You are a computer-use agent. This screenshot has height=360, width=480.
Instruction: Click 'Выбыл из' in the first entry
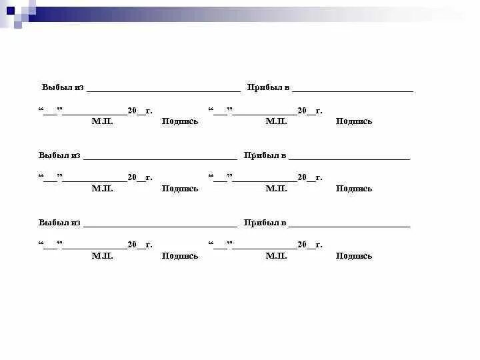[x=63, y=87]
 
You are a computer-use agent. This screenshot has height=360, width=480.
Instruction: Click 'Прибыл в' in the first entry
[x=268, y=87]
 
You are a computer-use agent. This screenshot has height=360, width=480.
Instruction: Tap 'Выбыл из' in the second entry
[x=59, y=155]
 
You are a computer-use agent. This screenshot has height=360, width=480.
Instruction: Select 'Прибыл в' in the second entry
[x=265, y=155]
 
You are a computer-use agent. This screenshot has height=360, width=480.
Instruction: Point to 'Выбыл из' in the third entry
[x=59, y=223]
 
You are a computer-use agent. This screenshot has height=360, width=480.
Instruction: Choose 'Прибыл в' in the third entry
[x=265, y=223]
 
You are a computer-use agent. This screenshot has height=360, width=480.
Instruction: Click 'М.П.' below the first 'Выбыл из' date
[x=103, y=121]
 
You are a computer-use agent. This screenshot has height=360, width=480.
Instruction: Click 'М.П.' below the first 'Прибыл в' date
[x=276, y=121]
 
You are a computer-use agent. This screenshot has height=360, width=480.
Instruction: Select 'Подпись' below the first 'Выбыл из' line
[x=180, y=121]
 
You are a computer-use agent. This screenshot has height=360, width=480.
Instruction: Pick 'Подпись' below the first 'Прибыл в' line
[x=354, y=121]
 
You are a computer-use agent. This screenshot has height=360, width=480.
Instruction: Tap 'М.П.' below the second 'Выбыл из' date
[x=103, y=189]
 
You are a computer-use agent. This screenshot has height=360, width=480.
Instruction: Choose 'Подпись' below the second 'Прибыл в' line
[x=354, y=189]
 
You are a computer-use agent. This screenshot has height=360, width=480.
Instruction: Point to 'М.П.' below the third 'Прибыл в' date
[x=276, y=256]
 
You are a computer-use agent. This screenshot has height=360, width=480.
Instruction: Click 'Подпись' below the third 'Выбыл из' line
[x=180, y=256]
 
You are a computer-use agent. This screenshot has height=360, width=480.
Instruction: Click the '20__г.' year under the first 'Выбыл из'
[x=140, y=111]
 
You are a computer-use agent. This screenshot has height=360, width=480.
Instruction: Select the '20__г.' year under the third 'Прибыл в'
[x=310, y=245]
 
